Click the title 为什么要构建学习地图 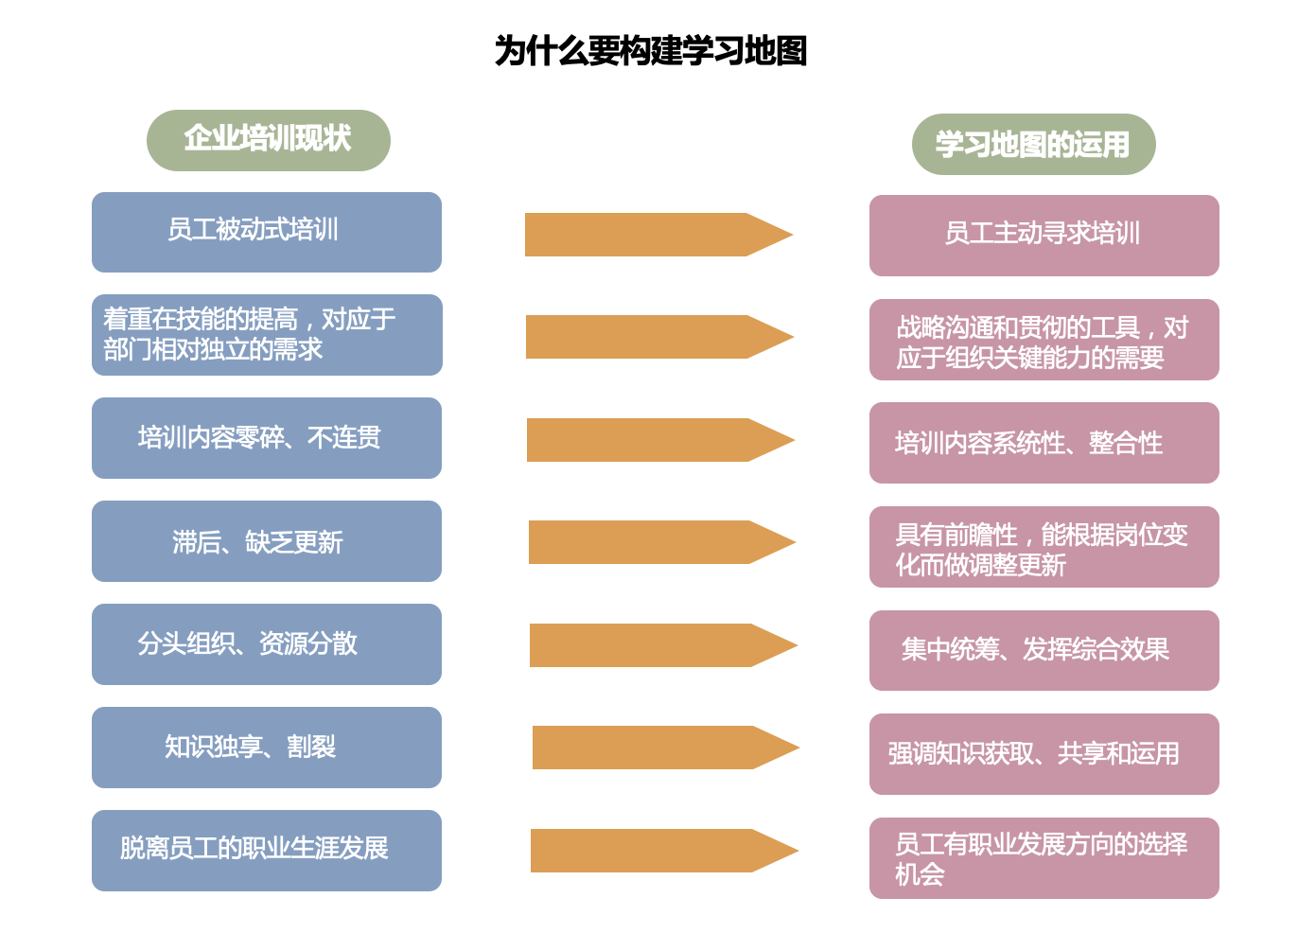coord(650,50)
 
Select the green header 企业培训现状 coord(269,140)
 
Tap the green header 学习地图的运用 coord(1034,144)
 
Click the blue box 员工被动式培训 coord(267,232)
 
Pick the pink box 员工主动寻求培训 coord(1044,236)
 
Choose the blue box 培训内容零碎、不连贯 coord(267,438)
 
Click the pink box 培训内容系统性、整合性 coord(1044,443)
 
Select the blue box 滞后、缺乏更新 coord(267,541)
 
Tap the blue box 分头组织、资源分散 coord(267,644)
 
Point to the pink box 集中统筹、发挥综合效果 coord(1044,650)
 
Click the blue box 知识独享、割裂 coord(267,748)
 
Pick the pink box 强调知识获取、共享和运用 coord(1044,754)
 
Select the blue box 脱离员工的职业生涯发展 coord(267,851)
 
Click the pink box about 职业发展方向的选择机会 coord(1044,858)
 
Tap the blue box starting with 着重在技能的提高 coord(267,335)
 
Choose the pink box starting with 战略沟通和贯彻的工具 coord(1044,340)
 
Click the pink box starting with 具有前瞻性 coord(1044,547)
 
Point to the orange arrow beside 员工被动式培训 coord(658,235)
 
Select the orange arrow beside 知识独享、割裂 coord(666,748)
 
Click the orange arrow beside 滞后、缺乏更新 coord(662,542)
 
